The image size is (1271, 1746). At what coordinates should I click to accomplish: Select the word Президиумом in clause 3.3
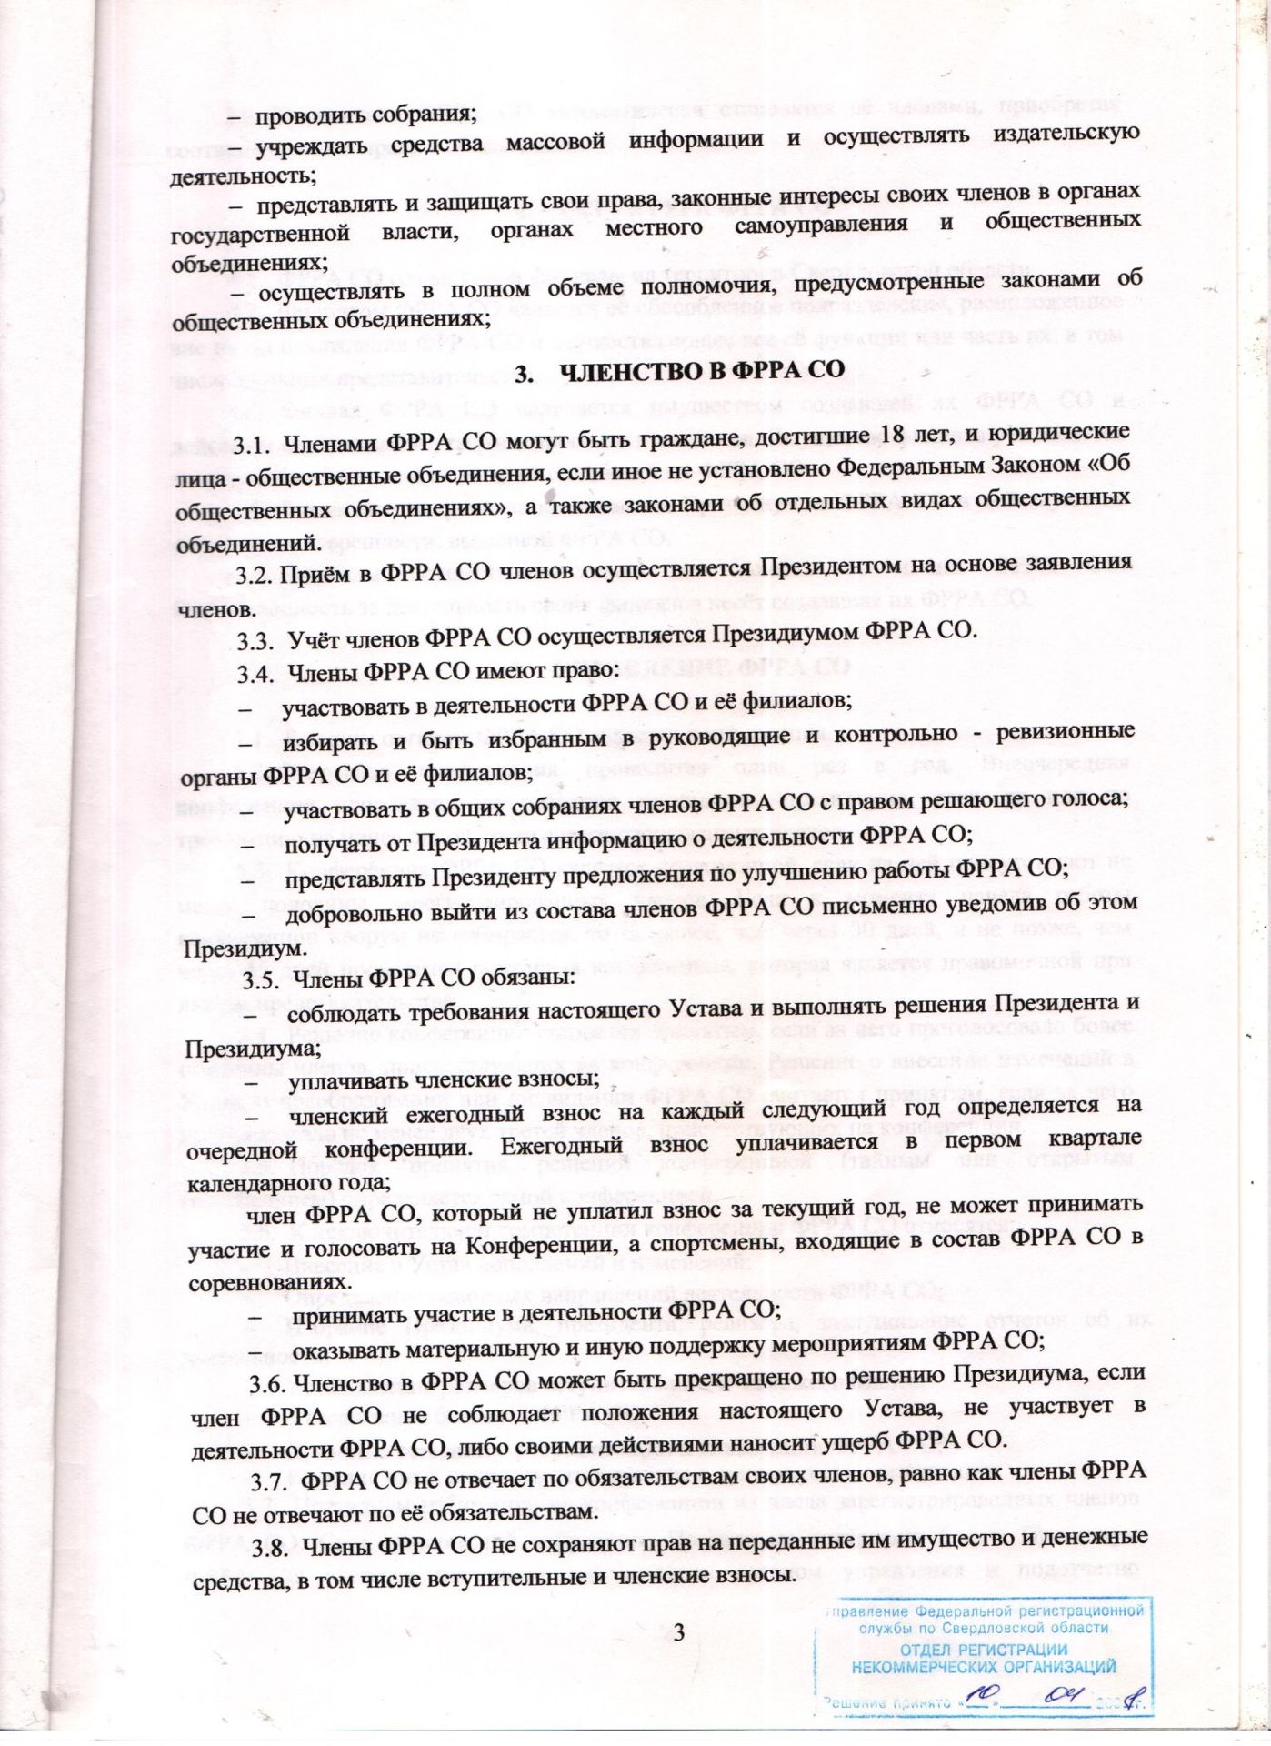tap(786, 631)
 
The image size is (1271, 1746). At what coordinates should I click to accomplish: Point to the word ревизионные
tap(1066, 731)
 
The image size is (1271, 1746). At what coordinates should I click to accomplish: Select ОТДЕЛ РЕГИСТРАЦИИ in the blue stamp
tap(984, 1650)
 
